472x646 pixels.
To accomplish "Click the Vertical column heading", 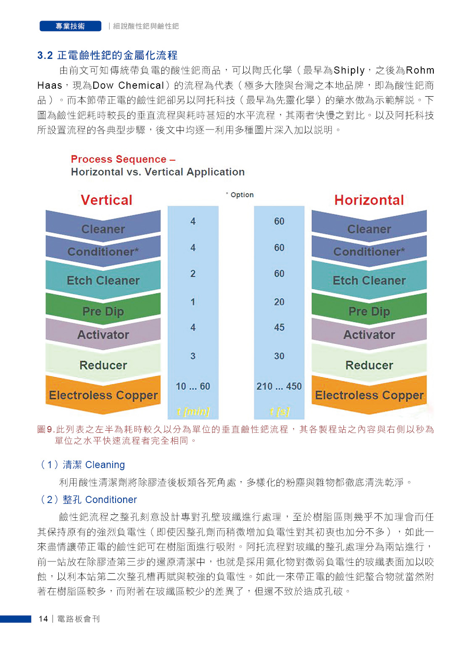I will pos(106,200).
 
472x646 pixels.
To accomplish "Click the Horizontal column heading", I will pos(369,200).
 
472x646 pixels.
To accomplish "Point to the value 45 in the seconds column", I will pos(279,327).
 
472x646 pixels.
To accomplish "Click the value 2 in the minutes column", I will pos(193,274).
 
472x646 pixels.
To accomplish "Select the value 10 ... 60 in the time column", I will pos(193,386).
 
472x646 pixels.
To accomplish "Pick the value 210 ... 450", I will pos(279,386).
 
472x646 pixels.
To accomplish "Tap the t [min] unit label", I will pos(193,411).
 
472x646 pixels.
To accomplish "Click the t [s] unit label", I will pos(279,411).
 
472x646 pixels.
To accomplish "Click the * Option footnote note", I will pos(240,195).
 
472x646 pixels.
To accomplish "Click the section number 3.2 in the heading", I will pos(45,55).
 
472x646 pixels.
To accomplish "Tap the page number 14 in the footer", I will pos(43,619).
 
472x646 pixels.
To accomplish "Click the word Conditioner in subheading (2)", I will pos(111,500).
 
